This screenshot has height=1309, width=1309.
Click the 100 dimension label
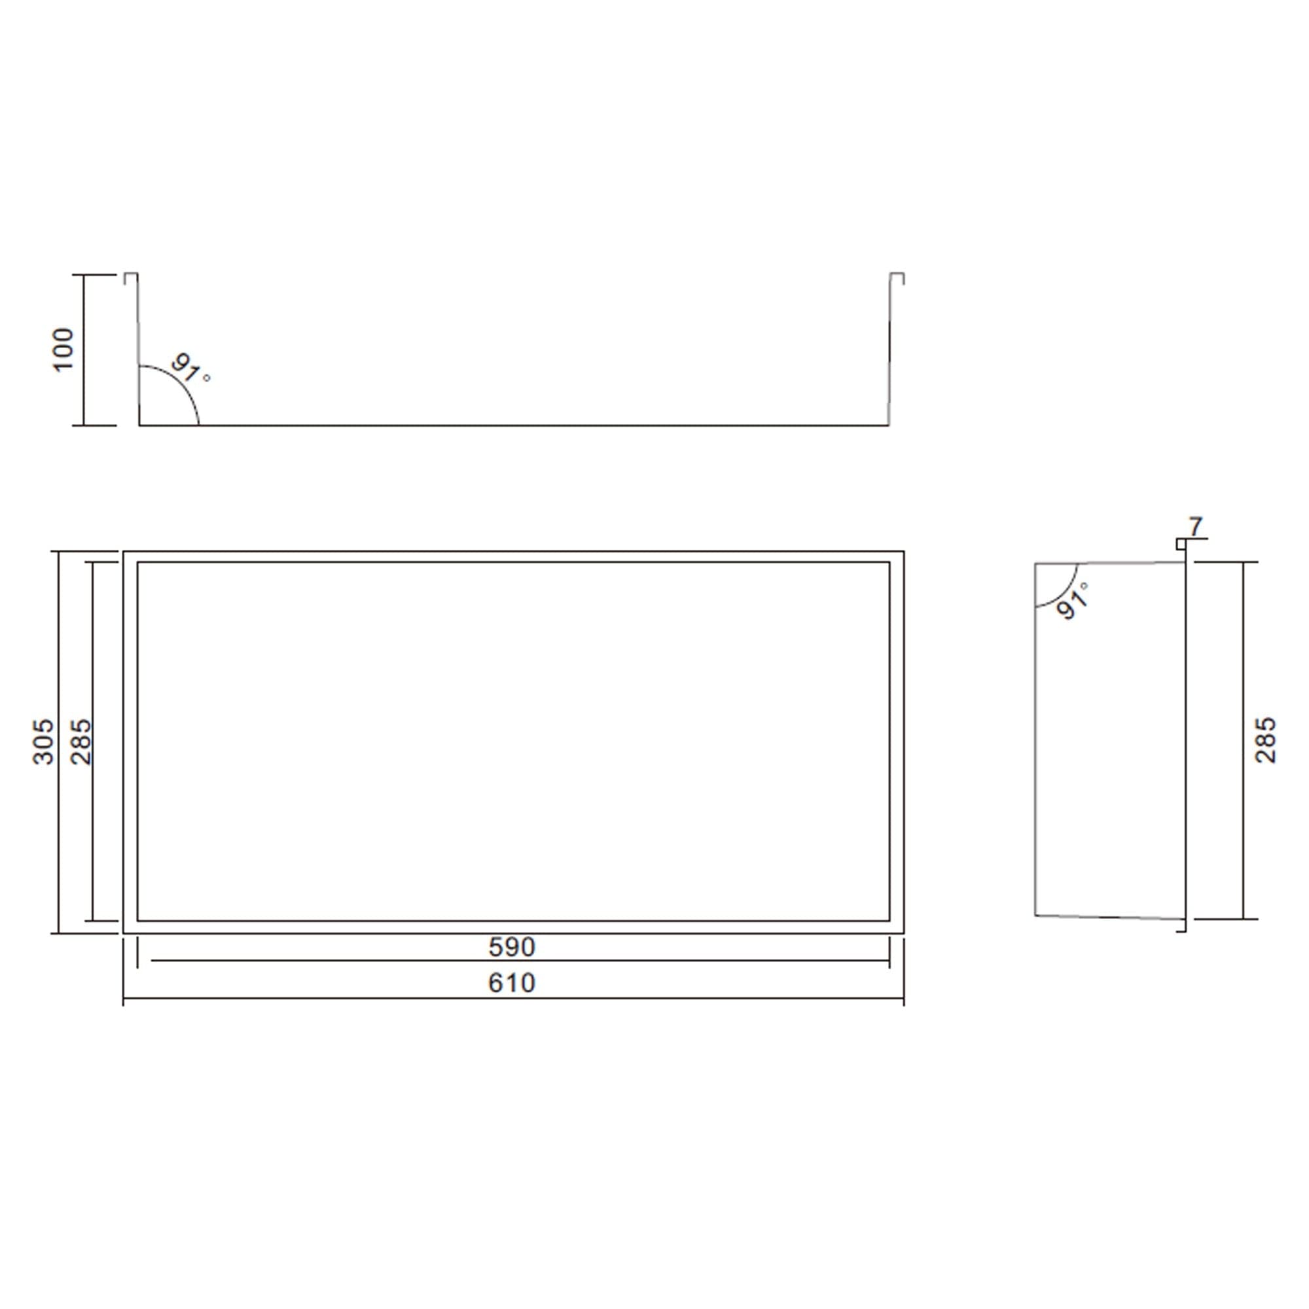(63, 350)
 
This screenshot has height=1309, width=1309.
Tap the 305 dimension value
(44, 742)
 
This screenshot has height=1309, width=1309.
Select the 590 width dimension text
(512, 947)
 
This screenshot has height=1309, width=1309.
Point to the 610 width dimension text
(512, 983)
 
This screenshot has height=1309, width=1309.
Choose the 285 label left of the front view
(81, 742)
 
